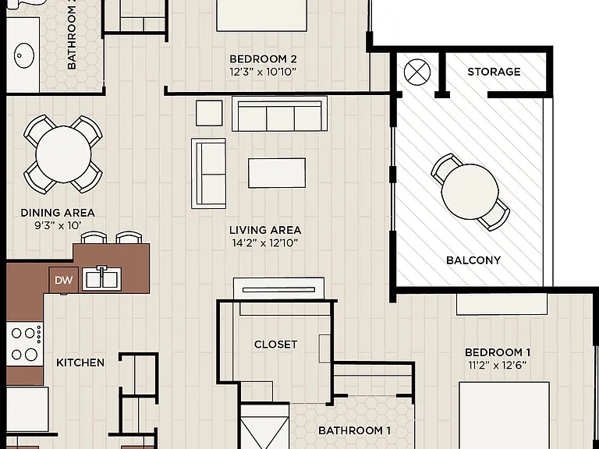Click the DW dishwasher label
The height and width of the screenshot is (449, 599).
coord(64,281)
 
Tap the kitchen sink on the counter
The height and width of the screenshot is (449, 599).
coord(101,278)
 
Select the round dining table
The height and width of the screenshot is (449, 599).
coord(63,154)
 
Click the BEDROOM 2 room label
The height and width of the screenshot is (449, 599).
coord(263,59)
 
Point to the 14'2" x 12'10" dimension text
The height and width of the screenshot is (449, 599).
coord(264,243)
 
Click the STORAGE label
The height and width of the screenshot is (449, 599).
coord(494,72)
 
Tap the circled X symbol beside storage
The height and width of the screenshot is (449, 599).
coord(416,72)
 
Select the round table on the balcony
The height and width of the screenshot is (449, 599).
coord(470,192)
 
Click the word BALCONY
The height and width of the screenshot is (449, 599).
coord(473,260)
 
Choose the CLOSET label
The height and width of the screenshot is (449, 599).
coord(276,345)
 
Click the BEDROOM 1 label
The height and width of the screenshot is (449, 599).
coord(498,352)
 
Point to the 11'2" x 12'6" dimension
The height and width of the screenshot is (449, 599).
coord(498,366)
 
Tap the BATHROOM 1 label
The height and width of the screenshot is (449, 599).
coord(355,430)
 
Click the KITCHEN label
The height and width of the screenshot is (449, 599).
coord(80,362)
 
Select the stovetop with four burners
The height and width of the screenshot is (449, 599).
coord(25,345)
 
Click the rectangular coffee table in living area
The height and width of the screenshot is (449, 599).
coord(277,173)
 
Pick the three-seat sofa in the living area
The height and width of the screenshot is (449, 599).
coord(280,114)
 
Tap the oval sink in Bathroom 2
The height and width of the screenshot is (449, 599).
coord(24,56)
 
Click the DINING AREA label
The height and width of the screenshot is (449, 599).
coord(58,213)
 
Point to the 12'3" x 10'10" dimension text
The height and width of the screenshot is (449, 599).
coord(263,72)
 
